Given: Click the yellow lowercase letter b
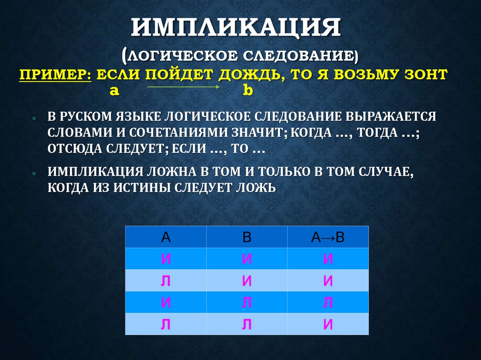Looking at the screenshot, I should pos(248,91).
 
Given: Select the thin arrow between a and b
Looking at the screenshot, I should pos(184,87).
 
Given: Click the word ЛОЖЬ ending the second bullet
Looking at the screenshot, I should pos(256,188).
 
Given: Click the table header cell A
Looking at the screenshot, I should pos(165,237).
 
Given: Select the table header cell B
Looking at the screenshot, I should pos(247,237).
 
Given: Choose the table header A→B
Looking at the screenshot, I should pos(328,237).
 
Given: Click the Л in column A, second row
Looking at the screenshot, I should pos(165,281).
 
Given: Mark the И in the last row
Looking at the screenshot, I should pos(328,324).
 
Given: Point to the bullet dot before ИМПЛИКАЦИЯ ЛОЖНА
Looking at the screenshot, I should pos(35,173).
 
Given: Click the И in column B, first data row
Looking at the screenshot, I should pos(247,259).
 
